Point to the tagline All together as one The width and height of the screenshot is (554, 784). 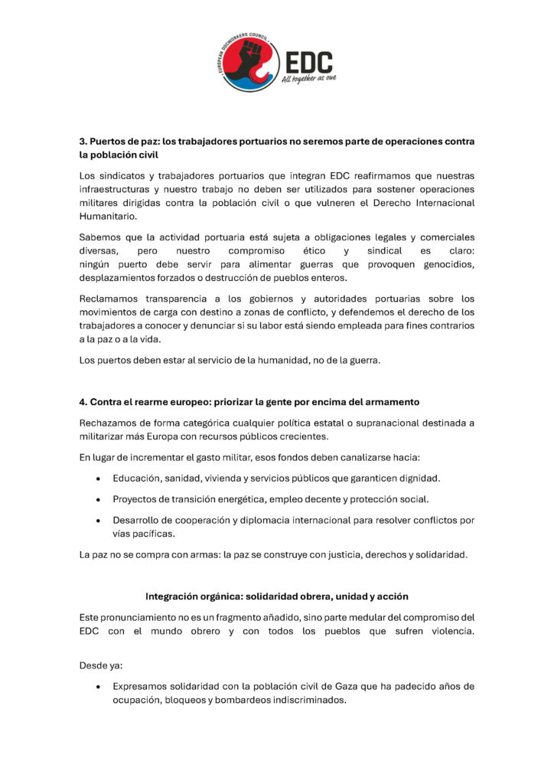[x=308, y=78]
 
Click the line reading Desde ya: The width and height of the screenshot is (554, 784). [x=97, y=665]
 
